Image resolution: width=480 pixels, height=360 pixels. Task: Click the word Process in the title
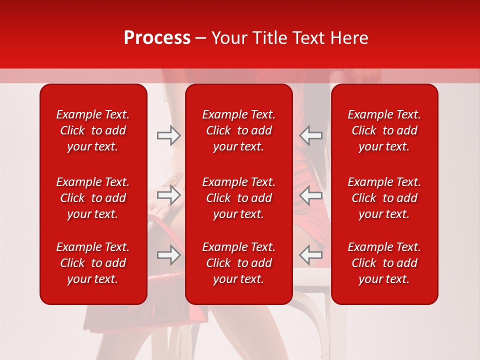(157, 38)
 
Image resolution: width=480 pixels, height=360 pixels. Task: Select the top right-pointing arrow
(169, 135)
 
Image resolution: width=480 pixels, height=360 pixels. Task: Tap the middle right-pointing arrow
(169, 195)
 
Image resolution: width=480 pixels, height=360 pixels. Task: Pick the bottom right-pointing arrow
(169, 255)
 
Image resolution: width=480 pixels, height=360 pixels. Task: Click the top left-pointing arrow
(310, 135)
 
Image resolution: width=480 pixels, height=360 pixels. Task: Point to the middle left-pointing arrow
(310, 195)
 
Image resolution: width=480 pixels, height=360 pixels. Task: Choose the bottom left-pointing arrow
(310, 255)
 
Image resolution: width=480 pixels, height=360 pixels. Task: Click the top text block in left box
(93, 130)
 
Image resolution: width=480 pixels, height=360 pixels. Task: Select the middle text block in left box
(93, 198)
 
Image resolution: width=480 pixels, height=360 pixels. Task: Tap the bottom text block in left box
(93, 263)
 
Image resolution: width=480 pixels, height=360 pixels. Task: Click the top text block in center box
(238, 130)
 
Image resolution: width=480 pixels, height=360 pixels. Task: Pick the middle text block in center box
(238, 198)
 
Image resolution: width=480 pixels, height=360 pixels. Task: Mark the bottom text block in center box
(238, 263)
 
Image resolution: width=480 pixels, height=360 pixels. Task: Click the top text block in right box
(384, 130)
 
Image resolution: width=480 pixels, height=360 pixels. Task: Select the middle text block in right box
(384, 198)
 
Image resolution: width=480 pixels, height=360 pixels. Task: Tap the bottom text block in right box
(384, 263)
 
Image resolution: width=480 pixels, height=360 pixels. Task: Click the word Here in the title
(349, 38)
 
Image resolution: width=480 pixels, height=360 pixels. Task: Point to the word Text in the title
(308, 38)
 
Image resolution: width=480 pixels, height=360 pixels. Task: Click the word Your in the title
(228, 38)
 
